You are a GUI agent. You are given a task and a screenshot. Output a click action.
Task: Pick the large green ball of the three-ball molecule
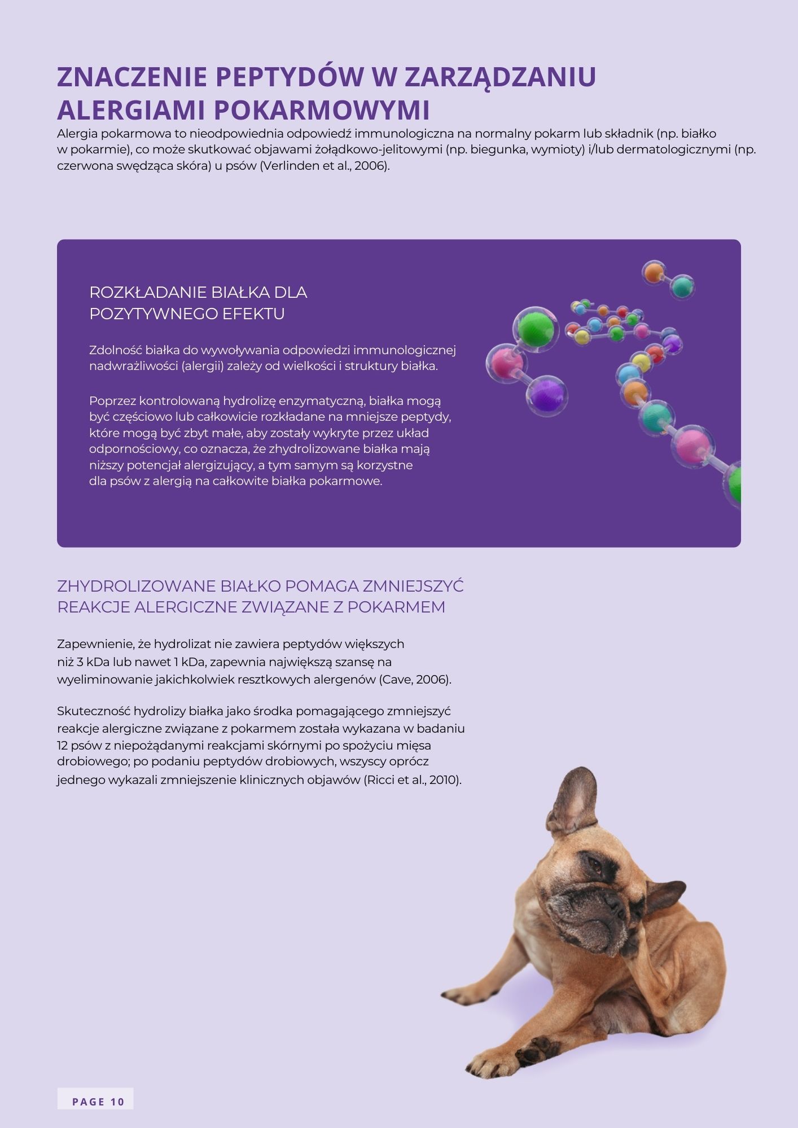[535, 328]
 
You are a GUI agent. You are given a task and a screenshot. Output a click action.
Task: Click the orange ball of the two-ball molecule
[654, 273]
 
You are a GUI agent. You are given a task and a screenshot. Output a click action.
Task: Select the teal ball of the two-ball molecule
[682, 287]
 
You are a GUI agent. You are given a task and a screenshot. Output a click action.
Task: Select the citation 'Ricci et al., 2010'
[413, 781]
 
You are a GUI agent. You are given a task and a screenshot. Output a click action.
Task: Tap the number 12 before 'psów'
[62, 744]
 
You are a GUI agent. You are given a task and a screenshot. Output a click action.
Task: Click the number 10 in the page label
[117, 1102]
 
